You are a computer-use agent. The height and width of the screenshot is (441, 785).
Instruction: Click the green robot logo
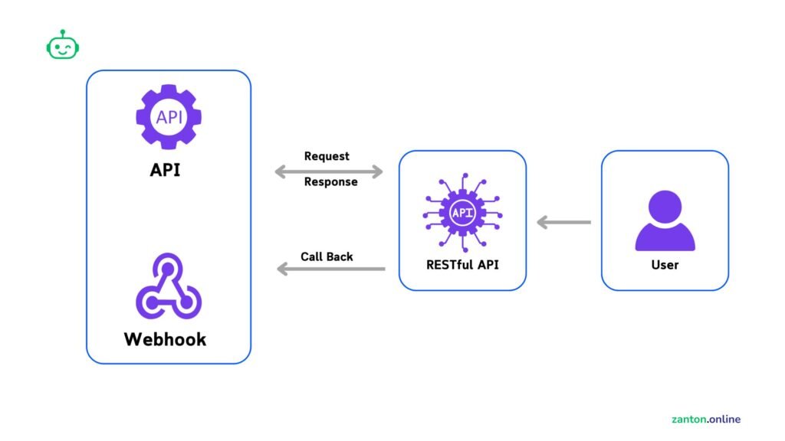tap(63, 46)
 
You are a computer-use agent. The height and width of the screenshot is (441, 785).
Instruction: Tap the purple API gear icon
tap(168, 117)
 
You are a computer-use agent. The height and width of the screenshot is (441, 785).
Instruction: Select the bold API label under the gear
tap(165, 169)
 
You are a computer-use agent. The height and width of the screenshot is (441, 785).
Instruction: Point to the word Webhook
tap(165, 338)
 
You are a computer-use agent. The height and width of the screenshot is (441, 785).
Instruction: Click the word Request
tap(327, 156)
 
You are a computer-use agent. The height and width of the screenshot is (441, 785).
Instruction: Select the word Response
tap(330, 182)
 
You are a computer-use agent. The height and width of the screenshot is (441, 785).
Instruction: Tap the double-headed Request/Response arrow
tap(328, 171)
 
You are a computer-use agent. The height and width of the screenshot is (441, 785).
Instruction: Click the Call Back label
tap(327, 256)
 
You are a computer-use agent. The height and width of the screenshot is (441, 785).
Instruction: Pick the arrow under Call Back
tap(330, 269)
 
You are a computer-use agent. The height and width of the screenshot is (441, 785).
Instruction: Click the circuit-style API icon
tap(462, 213)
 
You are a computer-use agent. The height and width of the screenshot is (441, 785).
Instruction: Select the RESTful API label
tap(462, 265)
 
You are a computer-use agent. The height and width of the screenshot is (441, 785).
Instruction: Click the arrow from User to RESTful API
tap(563, 223)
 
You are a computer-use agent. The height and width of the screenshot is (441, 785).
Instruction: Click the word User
tap(664, 265)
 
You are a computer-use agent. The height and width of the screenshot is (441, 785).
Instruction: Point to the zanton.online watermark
tap(705, 419)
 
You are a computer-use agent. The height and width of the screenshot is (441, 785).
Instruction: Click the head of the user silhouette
tap(665, 206)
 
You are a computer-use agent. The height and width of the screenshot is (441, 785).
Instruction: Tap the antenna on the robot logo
tap(63, 34)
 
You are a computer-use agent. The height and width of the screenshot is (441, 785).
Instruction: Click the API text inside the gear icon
tap(168, 117)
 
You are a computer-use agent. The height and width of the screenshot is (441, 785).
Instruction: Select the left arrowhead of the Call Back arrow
tap(282, 269)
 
